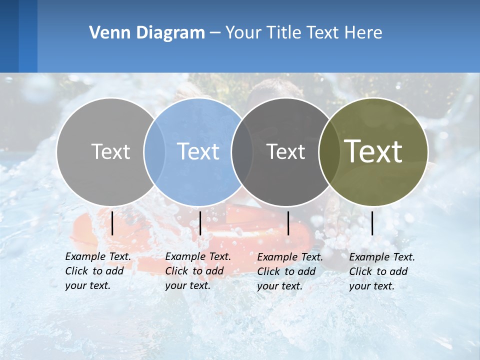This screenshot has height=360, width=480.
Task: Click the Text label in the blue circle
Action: (198, 151)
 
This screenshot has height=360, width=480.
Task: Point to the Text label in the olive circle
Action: (373, 151)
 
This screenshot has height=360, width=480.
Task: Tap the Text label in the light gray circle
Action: (110, 151)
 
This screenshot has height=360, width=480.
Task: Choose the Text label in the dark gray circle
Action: (285, 151)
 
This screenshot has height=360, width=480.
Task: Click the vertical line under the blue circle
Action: (200, 223)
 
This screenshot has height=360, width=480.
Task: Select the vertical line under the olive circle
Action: (372, 223)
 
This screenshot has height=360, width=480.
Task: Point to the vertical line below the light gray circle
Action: (112, 223)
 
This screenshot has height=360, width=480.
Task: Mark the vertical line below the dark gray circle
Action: (288, 223)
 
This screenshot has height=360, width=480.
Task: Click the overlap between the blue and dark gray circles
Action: (242, 151)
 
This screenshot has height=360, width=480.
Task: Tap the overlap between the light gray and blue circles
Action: (154, 151)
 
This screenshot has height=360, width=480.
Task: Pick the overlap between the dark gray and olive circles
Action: (329, 151)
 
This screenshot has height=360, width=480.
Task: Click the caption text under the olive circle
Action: (381, 271)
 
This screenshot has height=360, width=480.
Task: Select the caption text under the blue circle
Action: (197, 271)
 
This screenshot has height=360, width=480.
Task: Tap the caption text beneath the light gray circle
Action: (97, 271)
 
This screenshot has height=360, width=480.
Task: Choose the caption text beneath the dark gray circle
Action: (289, 271)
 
